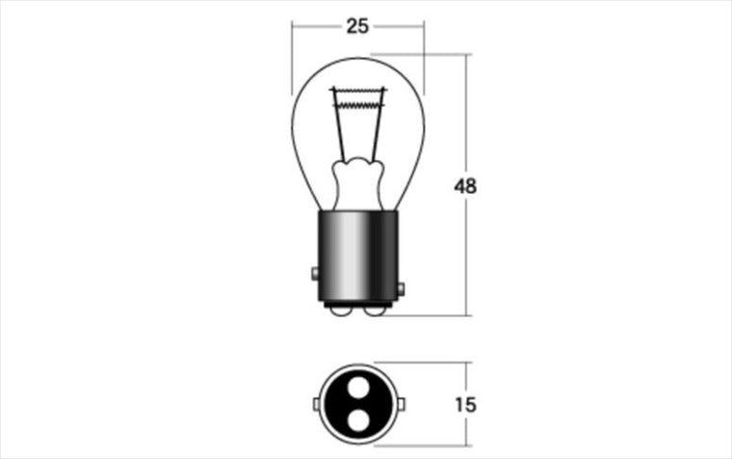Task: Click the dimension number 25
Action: click(x=357, y=26)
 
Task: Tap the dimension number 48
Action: click(x=465, y=186)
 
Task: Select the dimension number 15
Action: click(x=465, y=404)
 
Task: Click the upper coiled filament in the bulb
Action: click(x=357, y=90)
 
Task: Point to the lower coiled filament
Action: click(x=358, y=105)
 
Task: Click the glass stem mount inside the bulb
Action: click(x=358, y=183)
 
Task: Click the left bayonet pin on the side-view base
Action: click(x=315, y=274)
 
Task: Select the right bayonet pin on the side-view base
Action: click(x=401, y=289)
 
